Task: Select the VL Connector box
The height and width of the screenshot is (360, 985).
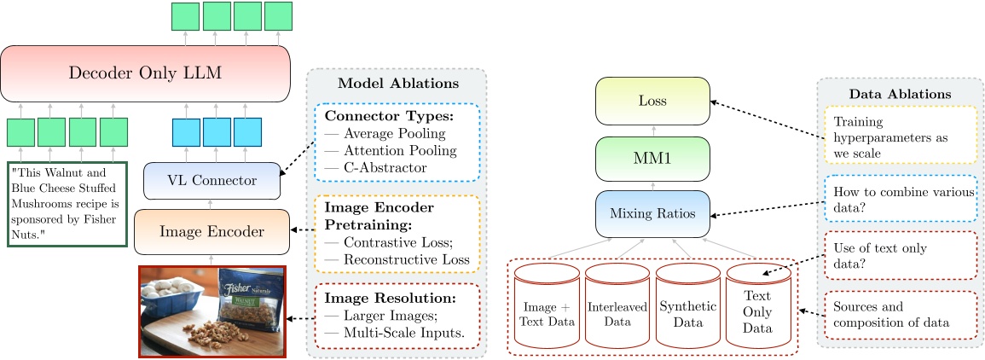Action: (211, 180)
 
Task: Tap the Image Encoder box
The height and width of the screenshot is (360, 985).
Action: (211, 230)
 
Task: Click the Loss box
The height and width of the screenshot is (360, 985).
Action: (652, 100)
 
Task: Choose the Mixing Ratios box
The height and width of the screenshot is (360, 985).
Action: (652, 214)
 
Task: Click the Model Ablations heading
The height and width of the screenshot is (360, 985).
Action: (398, 83)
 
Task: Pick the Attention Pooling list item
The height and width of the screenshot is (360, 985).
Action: (391, 151)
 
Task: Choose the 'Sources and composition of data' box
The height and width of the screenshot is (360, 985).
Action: (900, 313)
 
